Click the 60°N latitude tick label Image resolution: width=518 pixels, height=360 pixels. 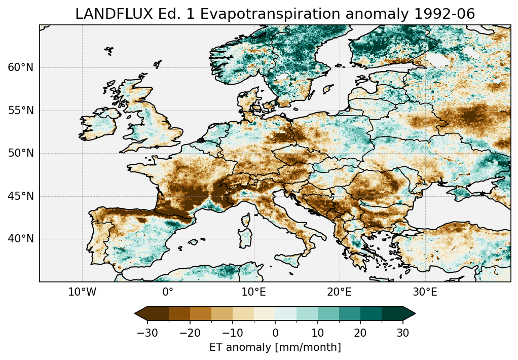(x=20, y=68)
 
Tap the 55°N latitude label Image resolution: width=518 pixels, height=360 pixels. (x=20, y=111)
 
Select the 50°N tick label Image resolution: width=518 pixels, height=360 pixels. (x=20, y=154)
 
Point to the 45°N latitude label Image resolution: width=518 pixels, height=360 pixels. (x=20, y=196)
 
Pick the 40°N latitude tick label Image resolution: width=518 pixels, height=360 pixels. (x=20, y=239)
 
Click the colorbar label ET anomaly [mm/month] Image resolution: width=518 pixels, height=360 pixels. (x=275, y=347)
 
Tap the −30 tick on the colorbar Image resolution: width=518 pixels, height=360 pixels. (x=147, y=333)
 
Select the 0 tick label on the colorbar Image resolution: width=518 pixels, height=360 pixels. (x=275, y=333)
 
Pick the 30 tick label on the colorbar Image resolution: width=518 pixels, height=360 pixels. (x=402, y=333)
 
